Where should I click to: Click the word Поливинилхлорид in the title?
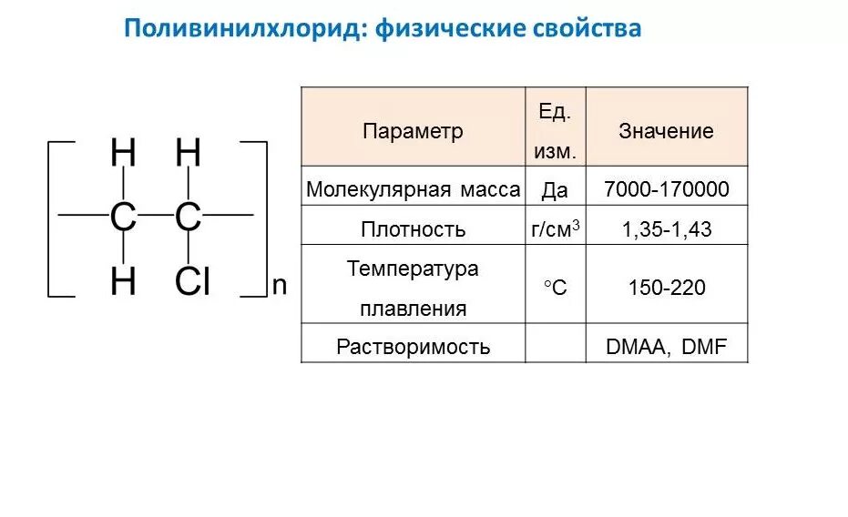[x=244, y=29]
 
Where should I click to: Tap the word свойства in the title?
[x=587, y=29]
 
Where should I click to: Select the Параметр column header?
[x=413, y=131]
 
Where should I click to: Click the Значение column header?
[x=666, y=131]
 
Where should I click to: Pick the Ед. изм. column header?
[x=555, y=131]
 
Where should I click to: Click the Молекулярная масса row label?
[x=413, y=190]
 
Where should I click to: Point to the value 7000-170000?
[x=666, y=190]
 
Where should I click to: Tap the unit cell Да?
[x=555, y=190]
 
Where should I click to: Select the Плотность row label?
[x=413, y=229]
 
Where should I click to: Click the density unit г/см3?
[x=556, y=229]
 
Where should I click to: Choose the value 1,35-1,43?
[x=666, y=229]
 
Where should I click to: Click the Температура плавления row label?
[x=413, y=289]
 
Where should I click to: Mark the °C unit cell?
[x=555, y=289]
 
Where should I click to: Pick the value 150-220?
[x=666, y=289]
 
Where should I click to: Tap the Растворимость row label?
[x=413, y=347]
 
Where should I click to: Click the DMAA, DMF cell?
[x=666, y=347]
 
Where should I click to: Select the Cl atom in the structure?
[x=192, y=283]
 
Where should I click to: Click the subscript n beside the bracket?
[x=280, y=285]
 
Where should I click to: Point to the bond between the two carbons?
[x=155, y=217]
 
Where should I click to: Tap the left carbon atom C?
[x=123, y=218]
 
